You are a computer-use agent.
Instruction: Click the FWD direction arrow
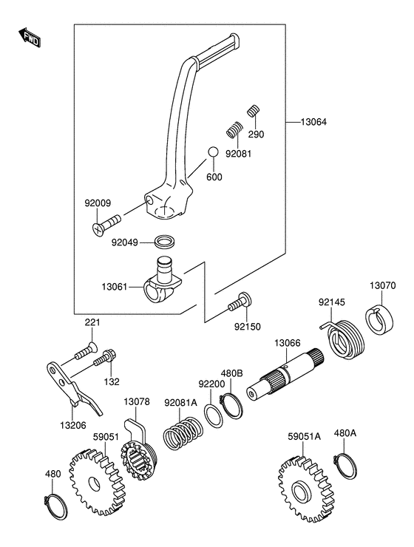tap(30, 37)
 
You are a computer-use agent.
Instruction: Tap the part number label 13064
tap(314, 122)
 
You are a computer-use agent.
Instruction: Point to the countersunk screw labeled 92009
tap(106, 225)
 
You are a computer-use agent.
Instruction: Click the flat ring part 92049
tap(165, 242)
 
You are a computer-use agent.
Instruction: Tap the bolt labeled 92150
tap(240, 302)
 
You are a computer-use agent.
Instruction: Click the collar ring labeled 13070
tap(379, 320)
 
